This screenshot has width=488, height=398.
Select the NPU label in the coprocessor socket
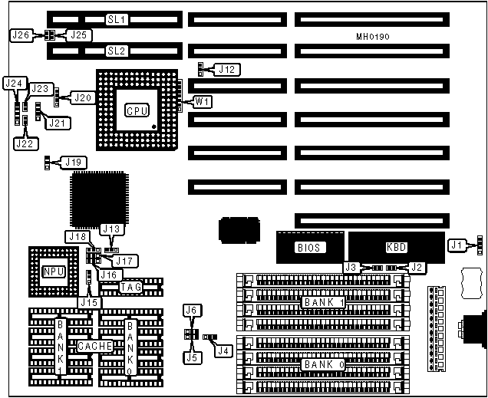(x=53, y=271)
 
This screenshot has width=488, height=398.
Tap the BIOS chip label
(x=308, y=248)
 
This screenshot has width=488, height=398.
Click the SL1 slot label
(x=117, y=18)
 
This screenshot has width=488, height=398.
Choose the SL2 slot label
(x=117, y=51)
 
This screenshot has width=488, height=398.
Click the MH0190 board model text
(x=374, y=36)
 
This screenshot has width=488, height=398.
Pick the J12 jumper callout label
(x=228, y=70)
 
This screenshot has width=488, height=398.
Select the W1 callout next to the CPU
(x=203, y=101)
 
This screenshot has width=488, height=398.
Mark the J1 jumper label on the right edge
(x=458, y=245)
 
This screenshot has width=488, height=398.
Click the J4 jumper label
(x=223, y=350)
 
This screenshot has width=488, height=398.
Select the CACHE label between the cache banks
(x=95, y=347)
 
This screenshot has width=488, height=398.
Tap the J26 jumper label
(x=21, y=35)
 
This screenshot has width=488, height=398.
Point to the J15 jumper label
(x=91, y=303)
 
